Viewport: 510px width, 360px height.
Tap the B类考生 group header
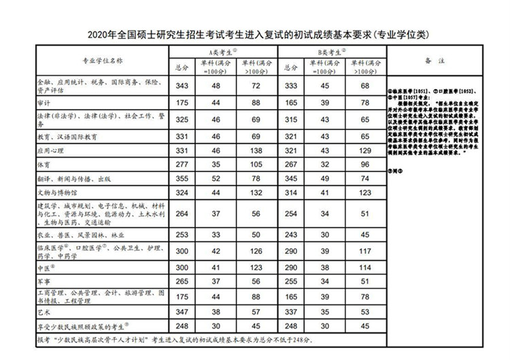331,52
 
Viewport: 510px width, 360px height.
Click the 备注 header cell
435,60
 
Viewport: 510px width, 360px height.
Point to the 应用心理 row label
50,150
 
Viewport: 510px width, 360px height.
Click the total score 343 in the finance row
181,86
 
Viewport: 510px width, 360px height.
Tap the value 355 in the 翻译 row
181,178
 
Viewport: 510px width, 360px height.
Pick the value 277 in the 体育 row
181,164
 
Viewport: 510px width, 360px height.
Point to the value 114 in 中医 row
364,267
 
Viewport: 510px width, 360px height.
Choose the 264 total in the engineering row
181,213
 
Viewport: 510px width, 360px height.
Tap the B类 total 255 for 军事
291,280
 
